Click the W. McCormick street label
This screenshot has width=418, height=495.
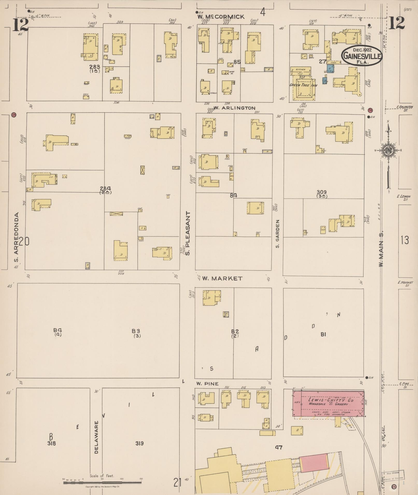click(221, 17)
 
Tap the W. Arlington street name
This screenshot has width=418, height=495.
click(235, 108)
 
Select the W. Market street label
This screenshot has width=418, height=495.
click(222, 278)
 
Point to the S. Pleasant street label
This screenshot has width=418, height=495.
click(188, 233)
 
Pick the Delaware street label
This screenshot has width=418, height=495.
click(96, 437)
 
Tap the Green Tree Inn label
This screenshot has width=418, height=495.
click(303, 85)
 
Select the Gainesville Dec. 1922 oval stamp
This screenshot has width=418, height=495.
click(362, 55)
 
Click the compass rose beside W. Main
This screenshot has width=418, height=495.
click(388, 150)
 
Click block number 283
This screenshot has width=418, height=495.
click(95, 67)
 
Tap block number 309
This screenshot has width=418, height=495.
click(322, 192)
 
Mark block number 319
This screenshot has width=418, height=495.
click(139, 443)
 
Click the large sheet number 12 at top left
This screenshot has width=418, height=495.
click(21, 25)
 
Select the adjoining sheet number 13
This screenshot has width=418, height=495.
click(405, 240)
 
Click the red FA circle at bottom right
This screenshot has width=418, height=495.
click(394, 486)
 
